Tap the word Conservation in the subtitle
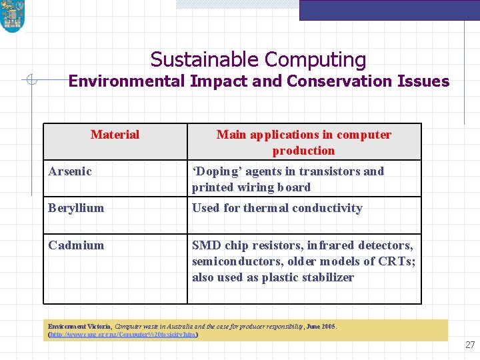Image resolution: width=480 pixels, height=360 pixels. pos(343,81)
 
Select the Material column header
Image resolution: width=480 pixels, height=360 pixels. pos(115,135)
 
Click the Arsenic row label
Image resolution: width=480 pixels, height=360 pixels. pos(70,171)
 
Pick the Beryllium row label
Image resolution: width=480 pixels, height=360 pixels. pos(76,208)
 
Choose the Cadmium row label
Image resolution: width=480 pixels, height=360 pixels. pos(76,245)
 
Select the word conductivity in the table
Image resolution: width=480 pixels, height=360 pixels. pos(328,208)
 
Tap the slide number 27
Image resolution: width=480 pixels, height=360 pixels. pos(470,345)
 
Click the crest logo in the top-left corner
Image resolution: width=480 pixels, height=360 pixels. pos(12,17)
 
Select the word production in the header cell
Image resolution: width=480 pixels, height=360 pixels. pos(303,151)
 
